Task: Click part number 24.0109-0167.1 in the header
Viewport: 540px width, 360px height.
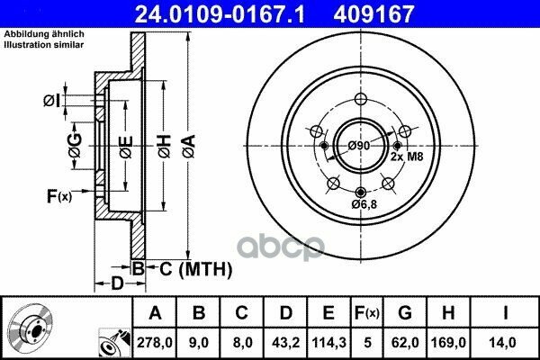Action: point(220,14)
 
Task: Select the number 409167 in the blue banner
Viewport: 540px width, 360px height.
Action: point(373,14)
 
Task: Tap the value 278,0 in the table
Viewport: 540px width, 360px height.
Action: point(155,342)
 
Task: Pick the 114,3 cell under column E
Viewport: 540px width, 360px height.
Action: point(328,342)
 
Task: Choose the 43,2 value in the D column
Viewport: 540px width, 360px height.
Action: point(285,342)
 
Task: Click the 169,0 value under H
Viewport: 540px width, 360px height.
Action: point(448,342)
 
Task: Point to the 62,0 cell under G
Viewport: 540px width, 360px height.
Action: point(405,342)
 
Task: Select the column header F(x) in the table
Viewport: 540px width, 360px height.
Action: point(367,313)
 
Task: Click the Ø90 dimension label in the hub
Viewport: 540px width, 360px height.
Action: point(359,146)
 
